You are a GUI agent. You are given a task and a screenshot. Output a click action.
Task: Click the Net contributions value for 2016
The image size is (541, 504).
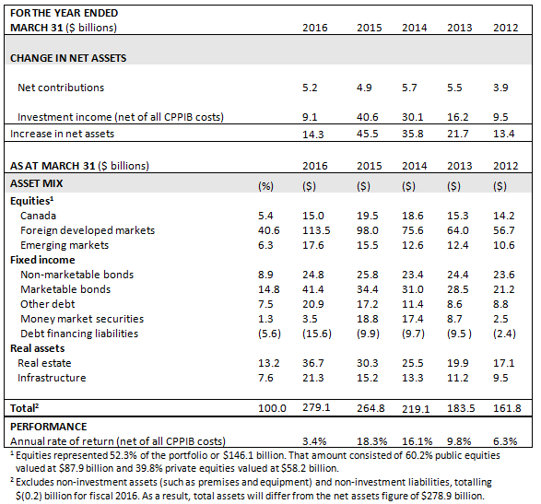point(310,88)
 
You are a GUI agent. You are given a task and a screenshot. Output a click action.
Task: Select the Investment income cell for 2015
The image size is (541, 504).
point(367,117)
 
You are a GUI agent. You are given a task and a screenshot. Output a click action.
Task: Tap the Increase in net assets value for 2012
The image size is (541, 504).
point(503,134)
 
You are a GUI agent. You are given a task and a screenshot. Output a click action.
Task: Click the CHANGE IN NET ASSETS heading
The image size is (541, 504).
point(68,58)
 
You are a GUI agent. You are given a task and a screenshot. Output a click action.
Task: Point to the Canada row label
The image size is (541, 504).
point(38,216)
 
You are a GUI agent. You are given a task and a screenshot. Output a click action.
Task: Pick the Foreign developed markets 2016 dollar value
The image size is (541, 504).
point(316,230)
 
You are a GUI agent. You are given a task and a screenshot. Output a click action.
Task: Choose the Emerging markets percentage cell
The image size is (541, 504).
point(265,245)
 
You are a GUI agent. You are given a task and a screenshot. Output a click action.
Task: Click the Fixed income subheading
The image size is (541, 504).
point(42,260)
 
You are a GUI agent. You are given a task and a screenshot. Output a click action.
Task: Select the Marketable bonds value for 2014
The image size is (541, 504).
point(412,289)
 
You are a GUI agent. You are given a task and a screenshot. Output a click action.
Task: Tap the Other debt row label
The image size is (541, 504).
point(48,304)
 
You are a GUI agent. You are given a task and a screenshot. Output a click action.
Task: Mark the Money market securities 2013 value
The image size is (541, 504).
point(454,319)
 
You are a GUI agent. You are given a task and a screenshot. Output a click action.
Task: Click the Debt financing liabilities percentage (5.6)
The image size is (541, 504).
point(269,334)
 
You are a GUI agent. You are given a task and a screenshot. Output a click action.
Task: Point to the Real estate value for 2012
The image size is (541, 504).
point(503,363)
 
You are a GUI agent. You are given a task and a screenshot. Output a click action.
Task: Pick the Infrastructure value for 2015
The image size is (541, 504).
point(367,378)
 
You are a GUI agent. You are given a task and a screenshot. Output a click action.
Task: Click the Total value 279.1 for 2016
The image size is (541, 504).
point(316,408)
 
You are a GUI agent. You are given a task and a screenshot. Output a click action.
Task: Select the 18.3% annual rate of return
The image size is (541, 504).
point(371,441)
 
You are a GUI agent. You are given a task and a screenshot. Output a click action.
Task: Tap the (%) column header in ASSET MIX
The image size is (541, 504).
point(265,187)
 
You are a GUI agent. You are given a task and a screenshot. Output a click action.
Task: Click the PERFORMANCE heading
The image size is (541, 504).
point(48,427)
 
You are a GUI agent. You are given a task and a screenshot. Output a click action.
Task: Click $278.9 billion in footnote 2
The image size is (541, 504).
point(453,496)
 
